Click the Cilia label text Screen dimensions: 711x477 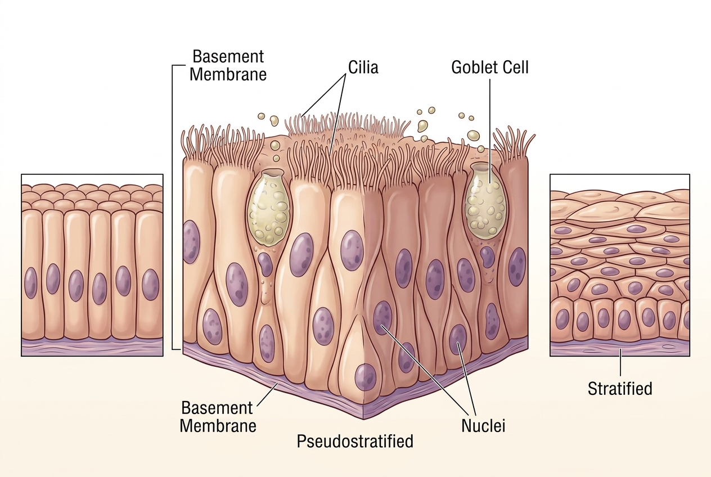coord(363,67)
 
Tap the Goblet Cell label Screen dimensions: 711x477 coord(490,67)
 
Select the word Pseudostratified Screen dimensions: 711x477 coord(355,441)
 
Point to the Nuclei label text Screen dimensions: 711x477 coord(483,426)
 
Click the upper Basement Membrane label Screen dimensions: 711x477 coord(228,66)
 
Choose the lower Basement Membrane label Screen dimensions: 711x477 coord(218,417)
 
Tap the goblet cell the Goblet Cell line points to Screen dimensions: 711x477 coord(485,201)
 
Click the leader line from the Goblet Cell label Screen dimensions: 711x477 coord(490,131)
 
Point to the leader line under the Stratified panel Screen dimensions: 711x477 coord(620,367)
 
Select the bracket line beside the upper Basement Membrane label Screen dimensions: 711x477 coord(173,207)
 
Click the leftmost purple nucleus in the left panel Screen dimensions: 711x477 coord(31,283)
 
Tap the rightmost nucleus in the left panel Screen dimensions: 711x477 coord(150,285)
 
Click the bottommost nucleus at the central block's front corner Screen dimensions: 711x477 coord(365,379)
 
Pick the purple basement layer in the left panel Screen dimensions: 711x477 coord(92,348)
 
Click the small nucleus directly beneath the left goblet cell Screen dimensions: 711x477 coord(265,264)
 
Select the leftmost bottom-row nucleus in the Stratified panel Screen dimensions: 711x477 coord(562,319)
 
